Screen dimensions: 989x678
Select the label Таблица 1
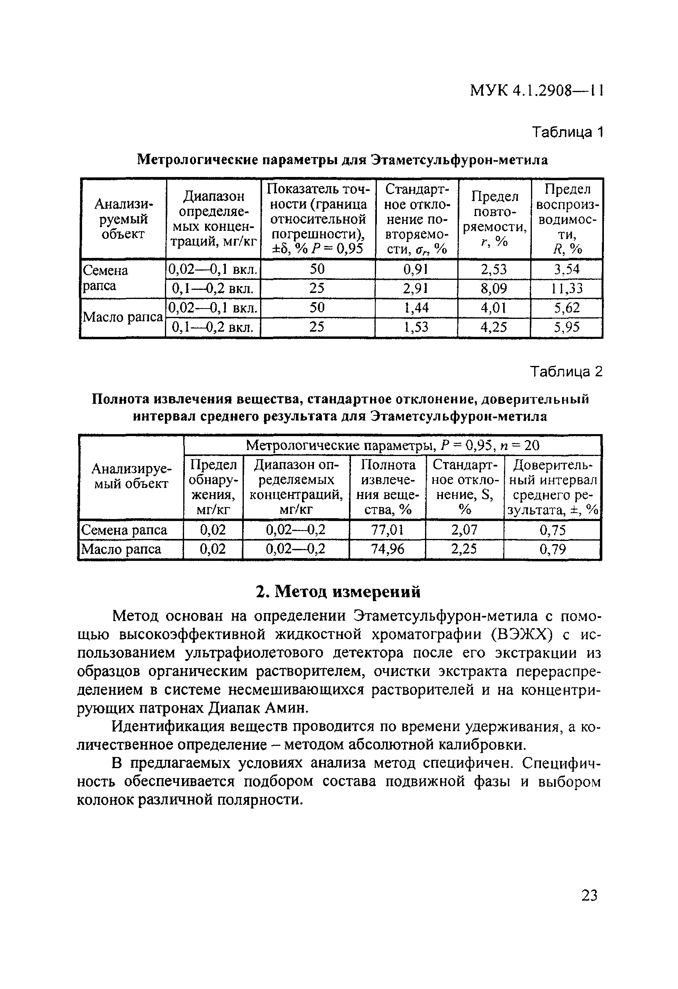click(x=567, y=132)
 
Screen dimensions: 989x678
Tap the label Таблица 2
click(x=566, y=372)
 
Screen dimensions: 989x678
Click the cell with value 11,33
click(x=567, y=289)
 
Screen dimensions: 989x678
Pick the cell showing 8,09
click(x=494, y=289)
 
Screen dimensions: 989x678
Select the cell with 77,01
click(x=387, y=530)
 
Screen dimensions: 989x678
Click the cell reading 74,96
click(x=387, y=549)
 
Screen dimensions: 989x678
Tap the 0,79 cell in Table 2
click(x=553, y=549)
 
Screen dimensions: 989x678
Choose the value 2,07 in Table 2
click(x=464, y=530)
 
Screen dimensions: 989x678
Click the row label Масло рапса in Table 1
click(x=123, y=317)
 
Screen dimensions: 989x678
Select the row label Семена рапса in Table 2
click(x=124, y=530)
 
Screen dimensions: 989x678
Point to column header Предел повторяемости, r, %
click(x=494, y=219)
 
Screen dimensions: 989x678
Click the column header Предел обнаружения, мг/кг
click(x=213, y=487)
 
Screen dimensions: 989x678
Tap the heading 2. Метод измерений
click(x=339, y=592)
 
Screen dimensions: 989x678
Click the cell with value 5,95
click(x=567, y=327)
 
